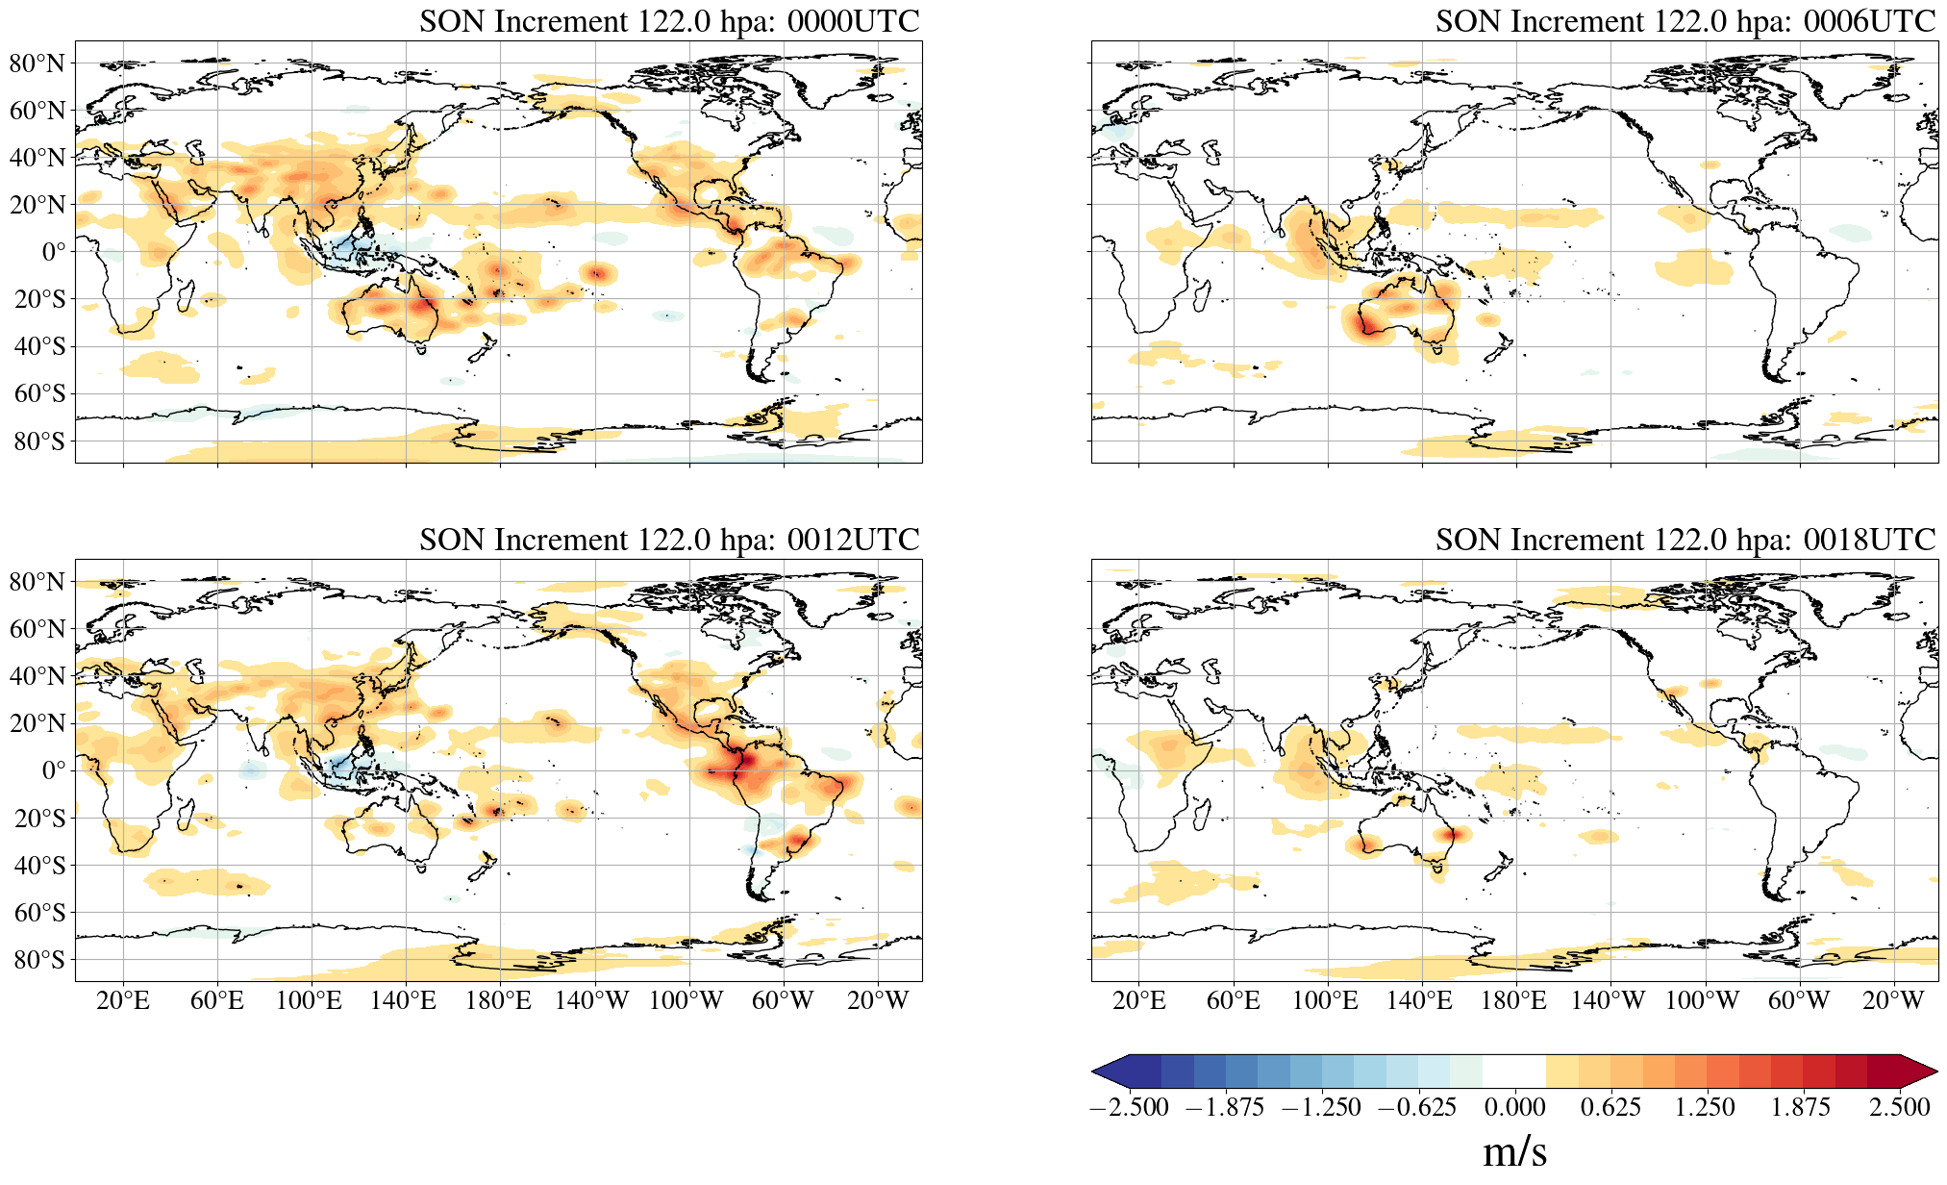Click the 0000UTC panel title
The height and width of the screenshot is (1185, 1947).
(x=669, y=21)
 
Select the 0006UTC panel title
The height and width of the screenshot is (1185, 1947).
(x=1685, y=21)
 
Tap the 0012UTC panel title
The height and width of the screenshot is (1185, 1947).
(x=669, y=540)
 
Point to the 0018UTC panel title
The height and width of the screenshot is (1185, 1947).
(x=1685, y=540)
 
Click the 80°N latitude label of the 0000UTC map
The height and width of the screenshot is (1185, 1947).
(x=37, y=63)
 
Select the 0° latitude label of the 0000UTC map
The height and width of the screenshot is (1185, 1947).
(x=54, y=252)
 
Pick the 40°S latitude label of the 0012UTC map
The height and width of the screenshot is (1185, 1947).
(x=37, y=865)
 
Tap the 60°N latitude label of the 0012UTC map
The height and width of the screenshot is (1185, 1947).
(x=37, y=629)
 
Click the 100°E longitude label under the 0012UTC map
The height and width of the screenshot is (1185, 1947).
(x=309, y=1000)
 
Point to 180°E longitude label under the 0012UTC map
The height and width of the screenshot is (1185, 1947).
(x=498, y=1000)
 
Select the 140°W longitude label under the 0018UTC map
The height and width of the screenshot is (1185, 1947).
(x=1608, y=1000)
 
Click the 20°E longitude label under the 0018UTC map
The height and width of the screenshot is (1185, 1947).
(x=1139, y=1000)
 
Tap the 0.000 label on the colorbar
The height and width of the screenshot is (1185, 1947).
(x=1514, y=1107)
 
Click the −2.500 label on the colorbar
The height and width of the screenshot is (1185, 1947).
(x=1129, y=1107)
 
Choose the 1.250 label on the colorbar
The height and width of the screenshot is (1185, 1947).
(x=1705, y=1107)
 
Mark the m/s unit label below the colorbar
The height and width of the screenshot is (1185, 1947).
(x=1514, y=1151)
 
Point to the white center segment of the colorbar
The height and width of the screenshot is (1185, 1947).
(x=1514, y=1072)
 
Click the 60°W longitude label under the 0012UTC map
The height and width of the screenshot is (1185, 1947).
(x=783, y=1000)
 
